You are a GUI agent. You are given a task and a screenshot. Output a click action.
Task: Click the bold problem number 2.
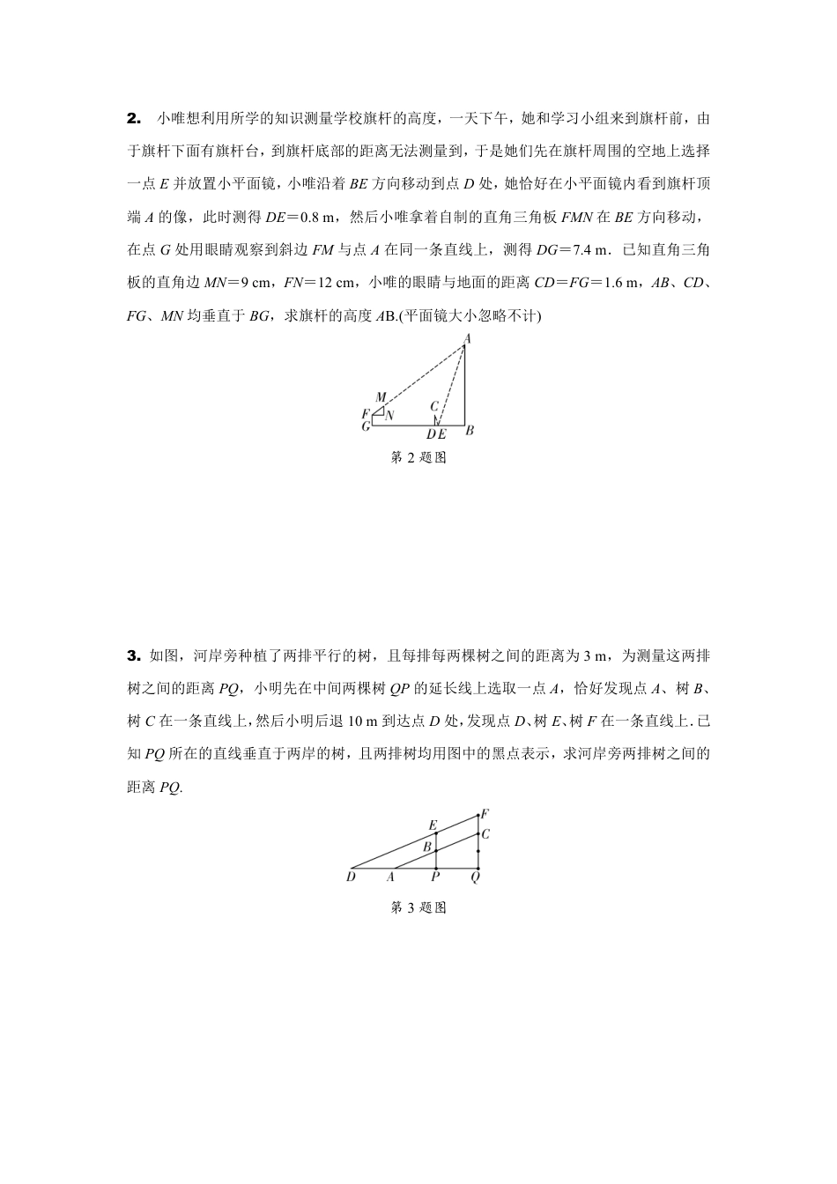[133, 117]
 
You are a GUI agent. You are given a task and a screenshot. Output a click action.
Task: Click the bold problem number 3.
[133, 655]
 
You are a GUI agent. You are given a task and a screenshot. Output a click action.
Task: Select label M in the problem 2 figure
[381, 398]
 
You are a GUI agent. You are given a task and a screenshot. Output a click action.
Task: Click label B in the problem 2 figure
[470, 430]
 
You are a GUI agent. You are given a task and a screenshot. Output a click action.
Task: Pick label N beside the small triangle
[389, 415]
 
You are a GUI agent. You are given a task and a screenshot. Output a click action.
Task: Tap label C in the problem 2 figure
[434, 406]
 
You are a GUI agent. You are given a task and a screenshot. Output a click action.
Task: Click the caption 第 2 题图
[418, 458]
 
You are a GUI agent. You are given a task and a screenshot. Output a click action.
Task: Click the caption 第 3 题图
[418, 907]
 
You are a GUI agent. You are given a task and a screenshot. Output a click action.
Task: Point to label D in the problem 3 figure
[351, 877]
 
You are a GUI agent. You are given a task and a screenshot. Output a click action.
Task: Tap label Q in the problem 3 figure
[476, 877]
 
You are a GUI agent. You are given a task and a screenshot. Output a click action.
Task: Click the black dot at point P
[436, 868]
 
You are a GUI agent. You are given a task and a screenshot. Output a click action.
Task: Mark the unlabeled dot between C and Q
[478, 851]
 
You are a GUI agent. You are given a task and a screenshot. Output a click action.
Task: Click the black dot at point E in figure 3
[436, 832]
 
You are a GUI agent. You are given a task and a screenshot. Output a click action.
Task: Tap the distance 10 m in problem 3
[362, 721]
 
